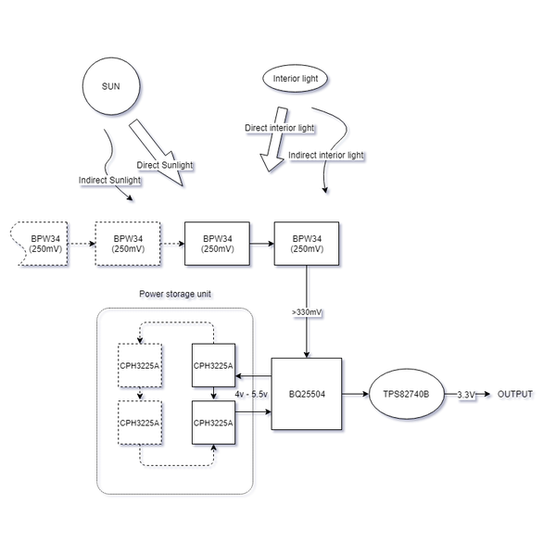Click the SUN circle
tap(111, 87)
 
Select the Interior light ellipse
tap(296, 79)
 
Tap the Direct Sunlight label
tap(166, 165)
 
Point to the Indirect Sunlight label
tap(109, 179)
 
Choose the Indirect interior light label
tap(326, 155)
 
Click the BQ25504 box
tap(306, 393)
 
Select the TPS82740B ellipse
tap(406, 394)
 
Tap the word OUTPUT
tap(515, 394)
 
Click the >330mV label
tap(306, 313)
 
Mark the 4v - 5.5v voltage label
tap(252, 394)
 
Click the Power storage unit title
tap(174, 294)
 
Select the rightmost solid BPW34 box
tap(306, 244)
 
